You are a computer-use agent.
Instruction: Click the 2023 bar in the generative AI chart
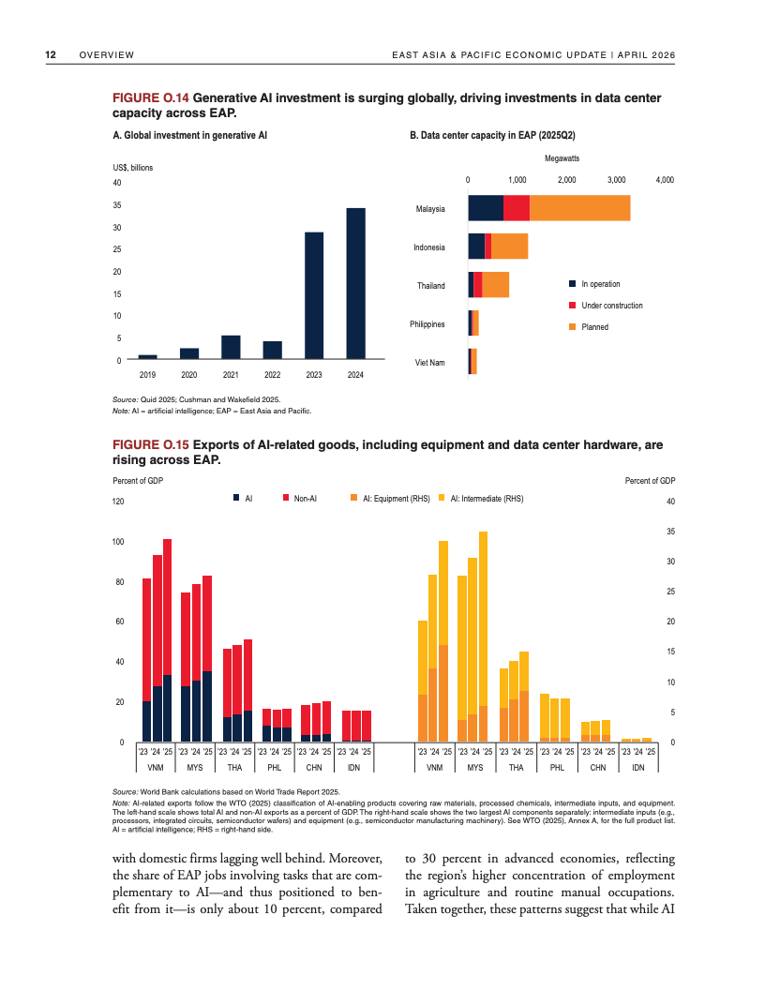314,295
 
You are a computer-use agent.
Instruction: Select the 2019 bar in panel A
147,356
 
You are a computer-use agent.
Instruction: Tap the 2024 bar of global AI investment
355,283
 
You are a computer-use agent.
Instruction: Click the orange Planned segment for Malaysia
579,208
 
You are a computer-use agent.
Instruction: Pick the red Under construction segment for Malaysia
517,208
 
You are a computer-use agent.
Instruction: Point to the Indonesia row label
429,247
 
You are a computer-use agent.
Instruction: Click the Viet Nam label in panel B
430,362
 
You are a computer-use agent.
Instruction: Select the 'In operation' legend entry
600,284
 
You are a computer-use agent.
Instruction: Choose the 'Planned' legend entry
594,327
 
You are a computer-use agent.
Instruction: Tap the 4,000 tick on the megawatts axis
665,178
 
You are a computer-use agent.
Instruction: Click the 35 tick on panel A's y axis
116,204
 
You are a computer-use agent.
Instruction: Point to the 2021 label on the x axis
231,374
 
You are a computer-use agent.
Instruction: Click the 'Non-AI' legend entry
303,499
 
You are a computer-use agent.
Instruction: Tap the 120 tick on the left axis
118,502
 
